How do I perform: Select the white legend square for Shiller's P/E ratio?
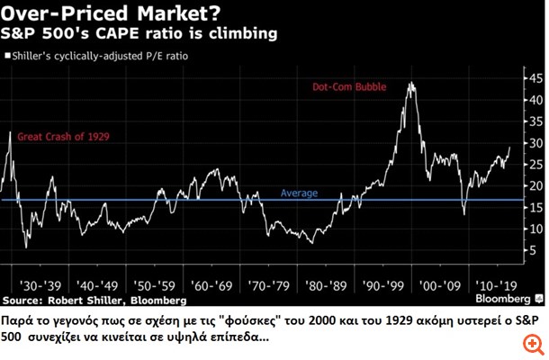[x=7, y=56]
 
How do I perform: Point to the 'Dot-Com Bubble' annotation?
[x=351, y=88]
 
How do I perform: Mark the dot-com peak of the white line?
[x=411, y=83]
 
